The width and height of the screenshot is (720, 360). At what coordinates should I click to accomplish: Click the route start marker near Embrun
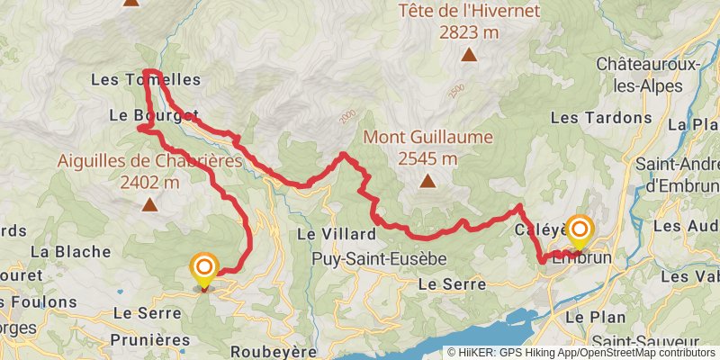pos(578,230)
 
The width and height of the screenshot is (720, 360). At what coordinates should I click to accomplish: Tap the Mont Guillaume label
pos(427,138)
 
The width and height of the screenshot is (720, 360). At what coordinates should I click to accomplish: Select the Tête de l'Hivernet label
pos(468,11)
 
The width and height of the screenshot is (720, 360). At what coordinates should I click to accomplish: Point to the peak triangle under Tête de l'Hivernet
pos(468,56)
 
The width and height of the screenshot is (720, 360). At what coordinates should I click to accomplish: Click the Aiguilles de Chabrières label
pos(149,161)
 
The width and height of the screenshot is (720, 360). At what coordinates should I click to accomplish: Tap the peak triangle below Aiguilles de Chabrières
pos(148,205)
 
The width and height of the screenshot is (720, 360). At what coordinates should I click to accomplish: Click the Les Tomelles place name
pos(146,80)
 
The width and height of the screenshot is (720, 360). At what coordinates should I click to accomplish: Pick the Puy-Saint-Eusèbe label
pos(378,258)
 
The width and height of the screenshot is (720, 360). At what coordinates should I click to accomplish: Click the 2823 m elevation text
pos(468,32)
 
